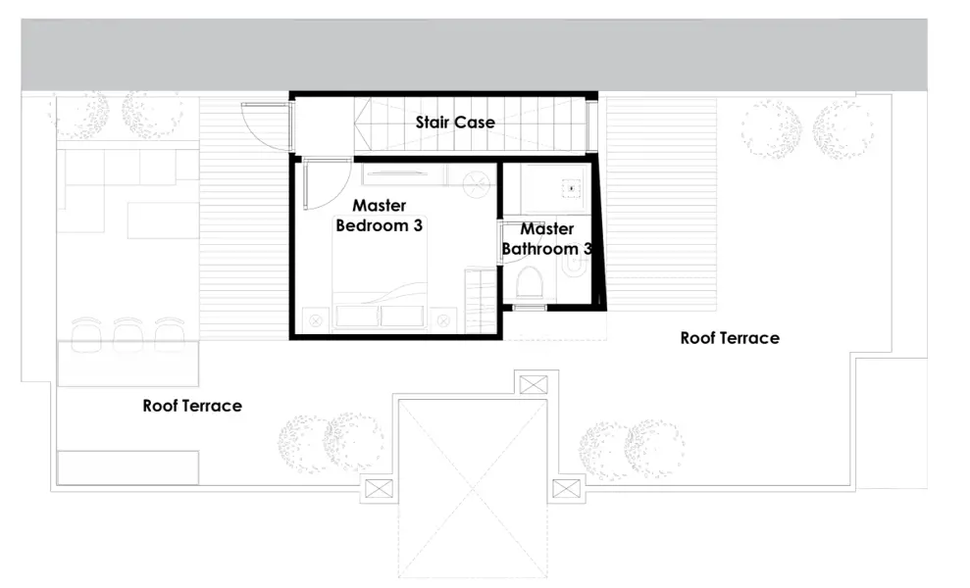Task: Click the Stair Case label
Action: coord(454,122)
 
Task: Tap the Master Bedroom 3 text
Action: coord(380,216)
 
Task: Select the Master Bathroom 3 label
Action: coord(546,239)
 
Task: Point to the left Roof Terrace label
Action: coord(192,406)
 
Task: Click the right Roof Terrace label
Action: coord(730,338)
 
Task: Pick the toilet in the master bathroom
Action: coord(529,284)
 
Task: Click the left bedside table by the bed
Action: coord(316,318)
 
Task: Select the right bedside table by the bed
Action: coord(444,318)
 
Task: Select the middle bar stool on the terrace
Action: coord(128,333)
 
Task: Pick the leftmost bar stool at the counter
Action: coord(87,333)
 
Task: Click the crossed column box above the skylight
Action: coord(534,383)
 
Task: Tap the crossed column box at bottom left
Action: coord(377,487)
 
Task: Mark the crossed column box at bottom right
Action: coord(568,488)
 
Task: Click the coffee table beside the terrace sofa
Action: coord(163,220)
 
